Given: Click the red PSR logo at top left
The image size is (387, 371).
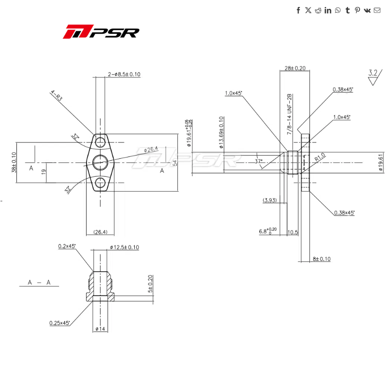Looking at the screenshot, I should [x=101, y=32].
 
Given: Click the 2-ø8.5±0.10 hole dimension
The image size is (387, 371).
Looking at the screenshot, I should [x=124, y=74].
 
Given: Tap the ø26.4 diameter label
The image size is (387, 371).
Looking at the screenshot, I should [x=151, y=149].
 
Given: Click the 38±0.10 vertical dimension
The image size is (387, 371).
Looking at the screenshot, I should [x=14, y=162].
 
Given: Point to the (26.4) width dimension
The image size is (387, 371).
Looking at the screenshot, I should [x=101, y=231].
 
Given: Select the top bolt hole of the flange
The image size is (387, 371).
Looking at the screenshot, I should [x=101, y=141].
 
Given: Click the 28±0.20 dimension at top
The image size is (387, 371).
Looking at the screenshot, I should [x=295, y=68].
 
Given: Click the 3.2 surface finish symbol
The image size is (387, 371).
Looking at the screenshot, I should [x=373, y=76].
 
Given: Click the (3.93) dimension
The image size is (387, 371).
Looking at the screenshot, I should [x=270, y=200].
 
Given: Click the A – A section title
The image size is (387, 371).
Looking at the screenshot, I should [x=39, y=282].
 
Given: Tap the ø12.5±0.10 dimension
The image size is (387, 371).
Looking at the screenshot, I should [x=124, y=247].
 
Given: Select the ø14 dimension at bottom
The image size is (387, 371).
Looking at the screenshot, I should [x=100, y=329].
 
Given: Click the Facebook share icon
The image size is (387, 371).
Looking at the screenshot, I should [x=298, y=10].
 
